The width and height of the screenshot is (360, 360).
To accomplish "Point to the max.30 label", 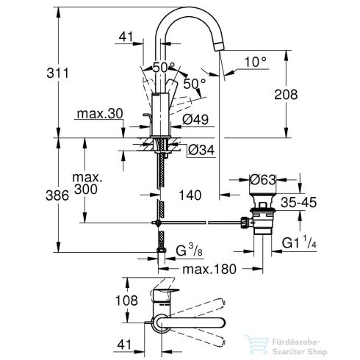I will [x=99, y=115].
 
